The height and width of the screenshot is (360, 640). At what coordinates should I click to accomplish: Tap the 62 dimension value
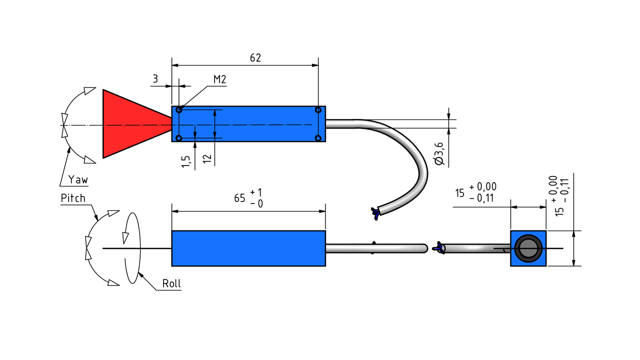[x=255, y=58]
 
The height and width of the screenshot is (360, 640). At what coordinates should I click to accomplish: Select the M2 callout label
[x=219, y=79]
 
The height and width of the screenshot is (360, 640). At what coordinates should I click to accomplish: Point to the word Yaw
[x=78, y=179]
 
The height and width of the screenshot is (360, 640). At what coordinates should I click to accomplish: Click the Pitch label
[x=73, y=198]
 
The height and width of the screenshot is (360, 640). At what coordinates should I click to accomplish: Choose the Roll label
[x=171, y=283]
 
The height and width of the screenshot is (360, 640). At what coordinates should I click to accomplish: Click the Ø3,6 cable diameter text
[x=439, y=153]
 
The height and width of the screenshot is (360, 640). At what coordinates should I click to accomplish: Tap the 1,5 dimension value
[x=185, y=161]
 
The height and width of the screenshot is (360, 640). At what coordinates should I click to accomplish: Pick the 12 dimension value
[x=207, y=159]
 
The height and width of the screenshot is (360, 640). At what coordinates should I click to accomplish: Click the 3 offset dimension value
[x=155, y=78]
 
